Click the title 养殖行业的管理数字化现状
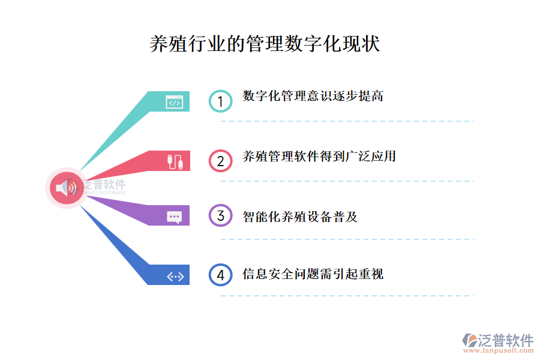(265, 44)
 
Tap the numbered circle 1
(220, 101)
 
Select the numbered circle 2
(220, 161)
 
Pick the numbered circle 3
(220, 215)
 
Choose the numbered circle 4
(220, 275)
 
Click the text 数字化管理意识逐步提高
(313, 96)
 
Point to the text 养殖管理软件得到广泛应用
(319, 157)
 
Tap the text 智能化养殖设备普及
(300, 217)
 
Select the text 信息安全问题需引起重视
(313, 274)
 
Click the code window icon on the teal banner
(175, 103)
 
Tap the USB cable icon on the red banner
(175, 161)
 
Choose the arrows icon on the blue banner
(175, 276)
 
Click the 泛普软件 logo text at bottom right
(505, 340)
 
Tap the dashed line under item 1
(347, 121)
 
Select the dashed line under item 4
(347, 295)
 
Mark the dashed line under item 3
(347, 239)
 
